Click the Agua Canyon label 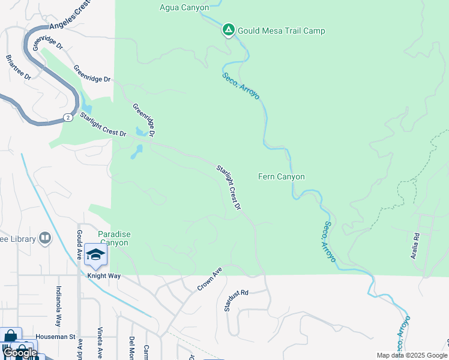tap(184, 8)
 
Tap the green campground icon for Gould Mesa tap(228, 29)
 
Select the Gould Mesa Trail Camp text tap(281, 31)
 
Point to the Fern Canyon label tap(281, 176)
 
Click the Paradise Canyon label tap(113, 238)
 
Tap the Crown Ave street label tap(209, 280)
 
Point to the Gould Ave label tap(79, 241)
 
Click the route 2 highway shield tap(68, 118)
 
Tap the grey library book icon tap(45, 239)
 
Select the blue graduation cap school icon tap(95, 254)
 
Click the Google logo tap(20, 353)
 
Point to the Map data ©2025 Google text tap(412, 355)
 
